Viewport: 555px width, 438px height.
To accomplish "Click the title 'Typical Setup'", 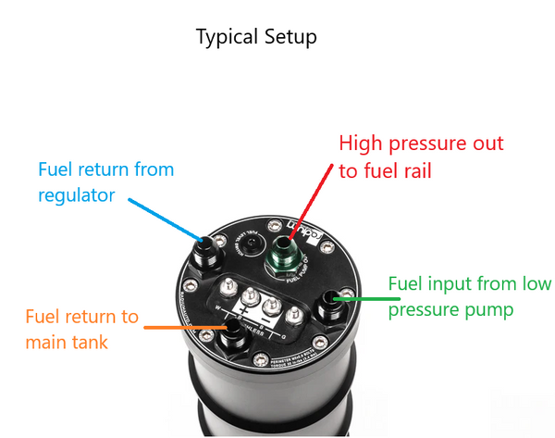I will [x=256, y=38].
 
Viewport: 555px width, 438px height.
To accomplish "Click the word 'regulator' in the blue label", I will [x=78, y=195].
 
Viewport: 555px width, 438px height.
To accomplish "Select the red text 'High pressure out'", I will [x=421, y=144].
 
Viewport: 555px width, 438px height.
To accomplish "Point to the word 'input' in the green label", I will [x=455, y=283].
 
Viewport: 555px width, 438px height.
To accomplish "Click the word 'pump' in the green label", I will [x=489, y=308].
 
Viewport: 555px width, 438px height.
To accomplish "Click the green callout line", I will [x=356, y=297].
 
